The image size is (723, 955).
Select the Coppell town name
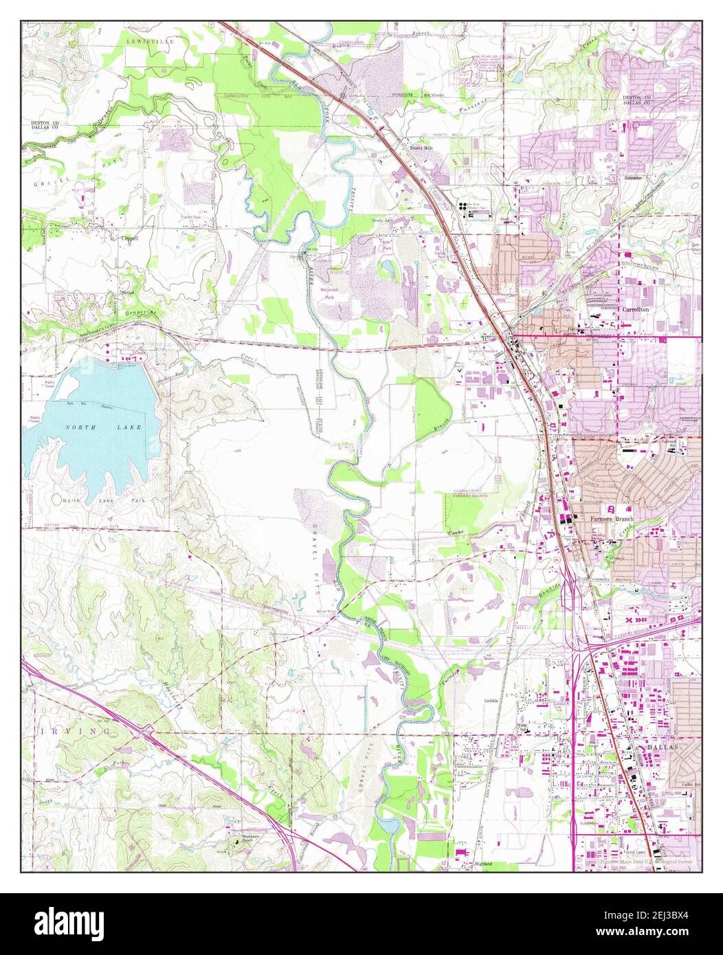click(130, 238)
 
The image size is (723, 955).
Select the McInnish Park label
click(332, 293)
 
